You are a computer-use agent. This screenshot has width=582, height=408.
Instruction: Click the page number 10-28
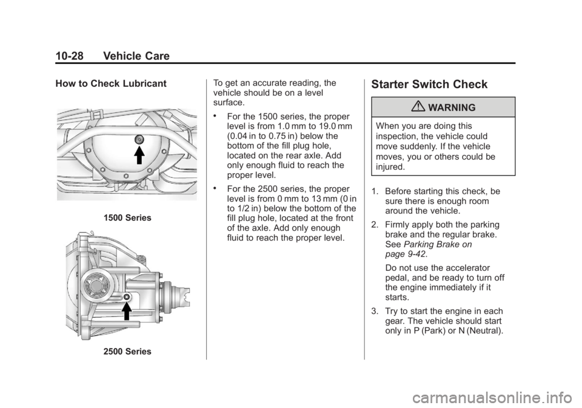tap(69, 56)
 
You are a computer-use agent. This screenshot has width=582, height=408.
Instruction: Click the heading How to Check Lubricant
tap(111, 84)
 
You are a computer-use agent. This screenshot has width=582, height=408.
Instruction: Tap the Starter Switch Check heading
tap(429, 84)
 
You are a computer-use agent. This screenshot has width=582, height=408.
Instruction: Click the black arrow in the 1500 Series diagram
tap(139, 155)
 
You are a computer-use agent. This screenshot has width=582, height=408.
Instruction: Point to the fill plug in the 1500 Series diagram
tap(139, 140)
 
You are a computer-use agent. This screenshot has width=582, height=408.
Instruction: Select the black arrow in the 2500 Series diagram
tap(127, 311)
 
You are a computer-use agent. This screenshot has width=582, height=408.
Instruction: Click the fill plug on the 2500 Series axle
tap(127, 297)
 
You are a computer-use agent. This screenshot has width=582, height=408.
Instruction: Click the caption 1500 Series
tap(127, 218)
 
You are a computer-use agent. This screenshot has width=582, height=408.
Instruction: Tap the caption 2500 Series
tap(127, 352)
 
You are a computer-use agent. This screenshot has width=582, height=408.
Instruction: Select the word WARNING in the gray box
tap(452, 107)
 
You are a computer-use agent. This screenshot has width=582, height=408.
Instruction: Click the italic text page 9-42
tap(405, 254)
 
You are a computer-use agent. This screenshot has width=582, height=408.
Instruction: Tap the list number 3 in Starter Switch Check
tap(374, 311)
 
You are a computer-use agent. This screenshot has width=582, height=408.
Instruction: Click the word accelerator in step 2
tap(469, 268)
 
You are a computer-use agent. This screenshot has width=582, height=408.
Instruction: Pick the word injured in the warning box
tap(389, 167)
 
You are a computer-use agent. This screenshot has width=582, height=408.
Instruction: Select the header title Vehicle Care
tap(136, 56)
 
